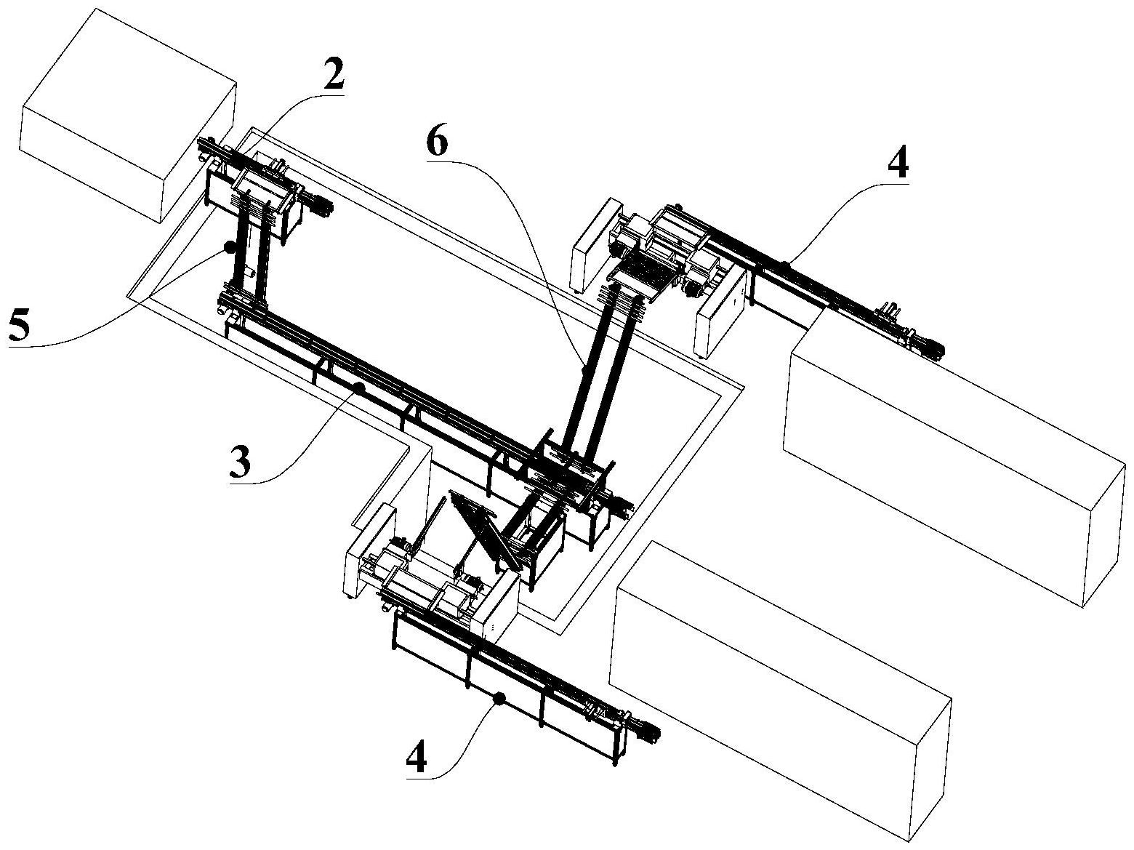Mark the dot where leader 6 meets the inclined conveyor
click(x=584, y=371)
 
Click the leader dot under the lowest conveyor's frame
click(x=499, y=699)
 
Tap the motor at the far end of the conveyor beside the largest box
click(x=930, y=348)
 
